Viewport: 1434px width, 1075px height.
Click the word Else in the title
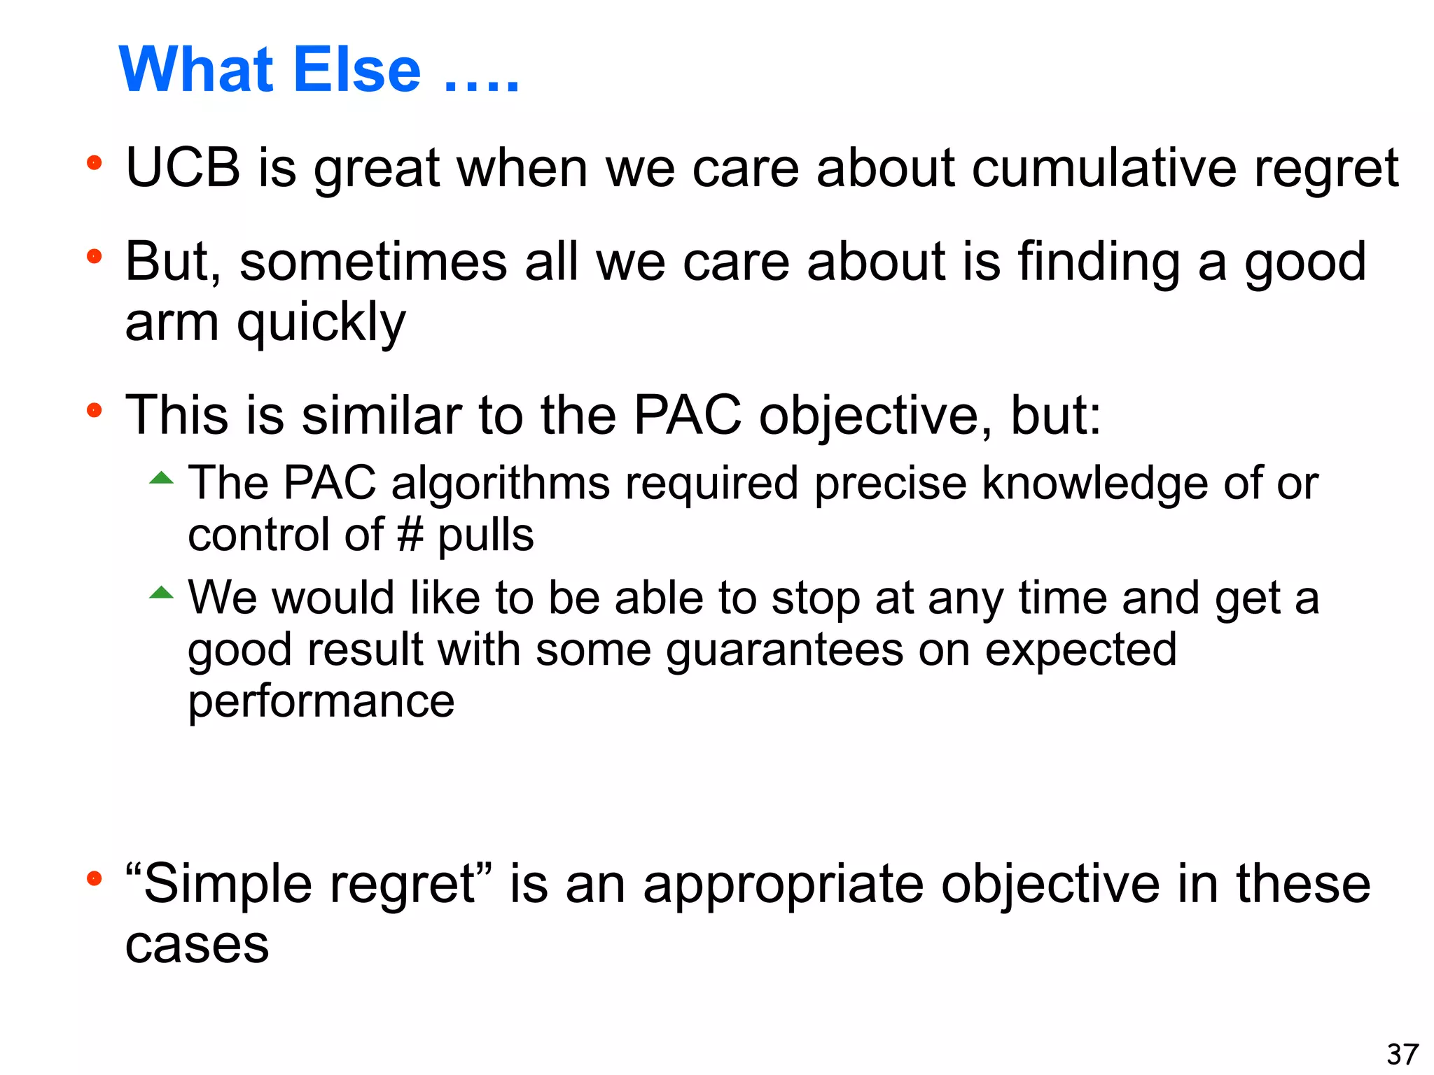click(x=357, y=70)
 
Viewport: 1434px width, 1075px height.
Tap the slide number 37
click(x=1402, y=1054)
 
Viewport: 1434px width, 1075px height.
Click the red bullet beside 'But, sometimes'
click(x=94, y=257)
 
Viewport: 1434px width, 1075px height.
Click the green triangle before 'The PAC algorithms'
click(x=161, y=479)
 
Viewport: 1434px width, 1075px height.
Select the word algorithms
click(x=500, y=484)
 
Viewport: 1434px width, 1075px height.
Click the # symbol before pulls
click(x=410, y=535)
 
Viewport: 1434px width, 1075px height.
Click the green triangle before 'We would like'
click(x=161, y=593)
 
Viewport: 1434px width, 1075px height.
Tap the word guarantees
click(x=784, y=651)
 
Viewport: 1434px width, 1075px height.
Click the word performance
click(x=321, y=703)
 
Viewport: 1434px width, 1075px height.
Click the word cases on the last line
click(x=197, y=945)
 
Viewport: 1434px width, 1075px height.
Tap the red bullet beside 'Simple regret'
click(x=94, y=878)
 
